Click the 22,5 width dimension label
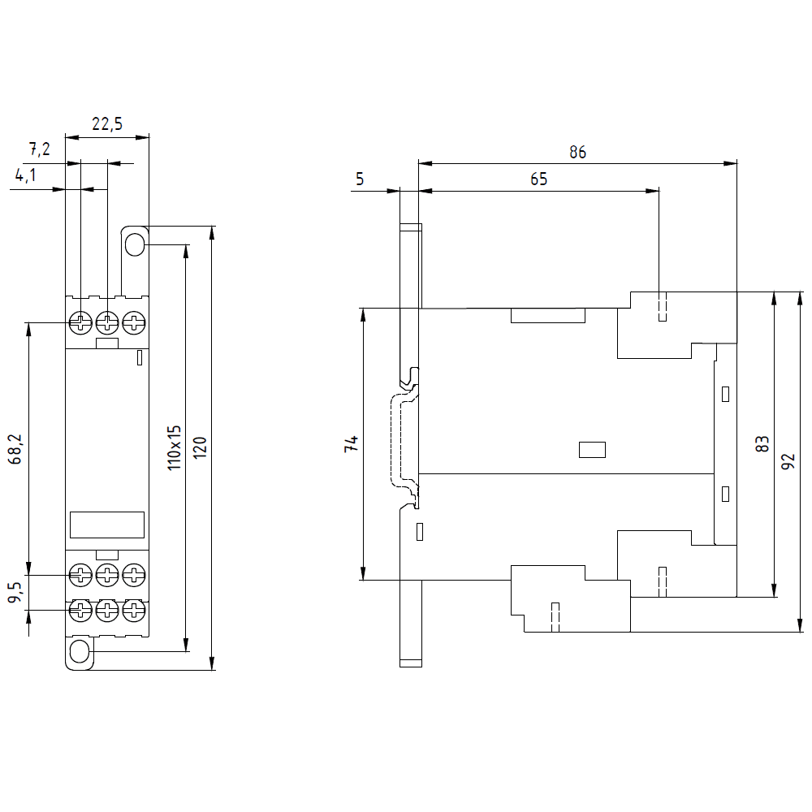pos(106,124)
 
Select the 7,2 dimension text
pos(40,149)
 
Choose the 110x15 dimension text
pos(175,447)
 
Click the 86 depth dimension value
pos(577,152)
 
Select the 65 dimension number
pos(539,179)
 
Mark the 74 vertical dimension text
pos(351,444)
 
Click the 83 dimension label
pos(762,444)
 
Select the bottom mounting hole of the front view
pos(80,651)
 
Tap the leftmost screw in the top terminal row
pos(80,322)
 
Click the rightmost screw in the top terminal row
pos(133,322)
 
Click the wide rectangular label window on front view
pos(107,525)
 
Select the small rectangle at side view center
pos(592,449)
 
